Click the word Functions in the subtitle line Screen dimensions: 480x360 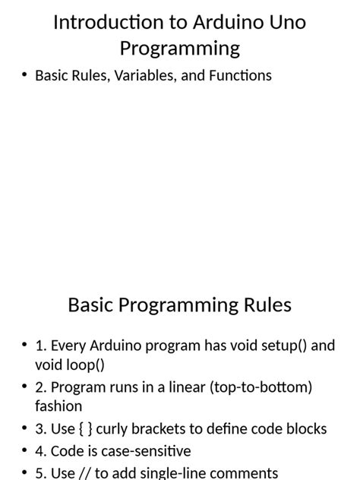point(237,75)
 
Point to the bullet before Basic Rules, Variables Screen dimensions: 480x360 point(24,75)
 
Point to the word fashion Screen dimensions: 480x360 point(58,406)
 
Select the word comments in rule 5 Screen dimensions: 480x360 point(246,472)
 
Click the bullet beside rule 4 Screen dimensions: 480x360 point(24,451)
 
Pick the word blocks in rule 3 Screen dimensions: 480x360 point(305,429)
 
